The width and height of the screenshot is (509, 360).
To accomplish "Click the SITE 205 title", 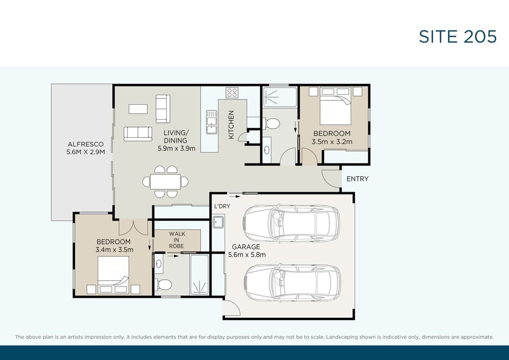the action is click(x=457, y=37).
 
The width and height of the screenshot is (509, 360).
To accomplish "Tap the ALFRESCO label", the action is click(x=86, y=144).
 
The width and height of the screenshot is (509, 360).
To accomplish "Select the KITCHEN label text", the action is click(x=231, y=125).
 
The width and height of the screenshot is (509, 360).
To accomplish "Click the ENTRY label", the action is click(x=357, y=179).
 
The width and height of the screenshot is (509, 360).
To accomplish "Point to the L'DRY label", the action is click(x=222, y=206).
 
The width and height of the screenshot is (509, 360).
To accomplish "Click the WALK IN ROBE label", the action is click(x=177, y=240).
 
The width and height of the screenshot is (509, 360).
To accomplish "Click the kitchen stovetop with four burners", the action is click(x=232, y=92).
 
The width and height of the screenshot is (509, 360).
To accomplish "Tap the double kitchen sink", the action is click(x=212, y=122).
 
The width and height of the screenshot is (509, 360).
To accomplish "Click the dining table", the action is click(x=165, y=182).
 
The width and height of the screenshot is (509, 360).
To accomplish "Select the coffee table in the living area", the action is click(x=138, y=109).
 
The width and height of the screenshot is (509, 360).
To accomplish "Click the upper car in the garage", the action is click(x=291, y=223).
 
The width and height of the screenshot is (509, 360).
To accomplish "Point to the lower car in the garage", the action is click(x=292, y=283).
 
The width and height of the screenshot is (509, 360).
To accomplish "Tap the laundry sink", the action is click(x=218, y=223).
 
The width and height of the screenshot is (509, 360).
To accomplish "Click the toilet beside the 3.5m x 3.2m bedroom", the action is click(x=272, y=124).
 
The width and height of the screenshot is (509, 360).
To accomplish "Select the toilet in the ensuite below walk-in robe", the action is click(x=164, y=285).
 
